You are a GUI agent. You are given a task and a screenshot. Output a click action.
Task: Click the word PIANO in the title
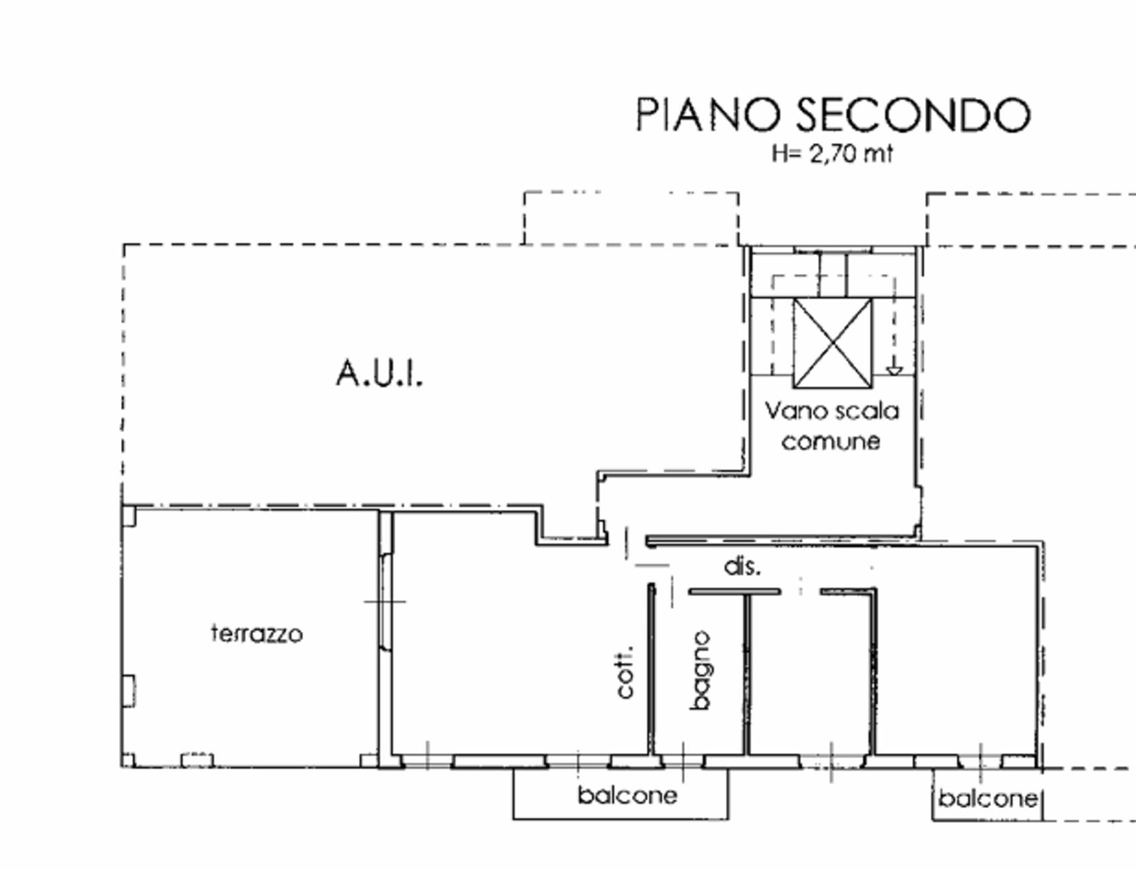(708, 114)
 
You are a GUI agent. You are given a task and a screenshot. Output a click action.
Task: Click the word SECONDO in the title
(914, 114)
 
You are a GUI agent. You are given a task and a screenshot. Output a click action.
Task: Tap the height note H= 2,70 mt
(832, 154)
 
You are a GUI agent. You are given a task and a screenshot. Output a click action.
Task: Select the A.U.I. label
(380, 373)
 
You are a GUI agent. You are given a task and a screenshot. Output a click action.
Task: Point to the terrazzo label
(257, 633)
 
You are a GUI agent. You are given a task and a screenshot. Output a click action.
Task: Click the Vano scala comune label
(832, 425)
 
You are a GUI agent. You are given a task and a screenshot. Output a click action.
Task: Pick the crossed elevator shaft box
(833, 343)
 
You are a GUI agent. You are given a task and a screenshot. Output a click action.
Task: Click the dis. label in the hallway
(742, 566)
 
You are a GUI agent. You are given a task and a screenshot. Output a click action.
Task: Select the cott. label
(625, 672)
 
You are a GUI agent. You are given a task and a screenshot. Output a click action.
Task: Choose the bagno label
(700, 670)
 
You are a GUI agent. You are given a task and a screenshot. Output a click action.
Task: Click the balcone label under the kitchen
(627, 795)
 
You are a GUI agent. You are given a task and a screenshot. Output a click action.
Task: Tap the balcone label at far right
(988, 798)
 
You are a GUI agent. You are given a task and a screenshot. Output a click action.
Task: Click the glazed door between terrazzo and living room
(386, 602)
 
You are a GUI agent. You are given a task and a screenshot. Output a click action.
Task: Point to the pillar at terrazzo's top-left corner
(129, 515)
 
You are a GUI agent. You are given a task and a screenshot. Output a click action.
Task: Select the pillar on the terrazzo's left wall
(128, 690)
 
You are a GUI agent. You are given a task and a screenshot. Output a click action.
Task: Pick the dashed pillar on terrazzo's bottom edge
(197, 760)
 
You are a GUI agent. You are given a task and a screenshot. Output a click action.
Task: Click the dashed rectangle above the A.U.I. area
(631, 218)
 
